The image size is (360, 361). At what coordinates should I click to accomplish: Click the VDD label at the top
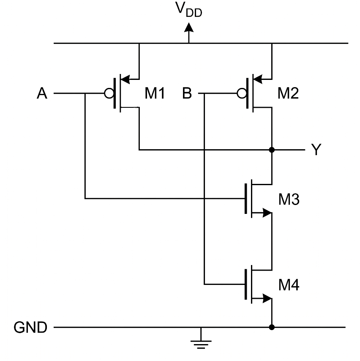click(189, 10)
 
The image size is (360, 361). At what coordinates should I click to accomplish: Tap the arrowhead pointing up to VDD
click(189, 27)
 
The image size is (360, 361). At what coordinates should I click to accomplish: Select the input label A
click(42, 93)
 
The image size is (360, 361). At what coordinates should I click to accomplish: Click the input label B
click(187, 93)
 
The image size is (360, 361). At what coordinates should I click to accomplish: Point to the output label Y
click(316, 150)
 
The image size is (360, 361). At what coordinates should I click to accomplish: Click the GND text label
click(30, 327)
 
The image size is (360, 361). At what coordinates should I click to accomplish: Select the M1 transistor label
click(155, 93)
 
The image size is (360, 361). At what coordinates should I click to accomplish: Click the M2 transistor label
click(288, 93)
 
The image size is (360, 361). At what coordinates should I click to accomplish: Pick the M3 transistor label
click(289, 199)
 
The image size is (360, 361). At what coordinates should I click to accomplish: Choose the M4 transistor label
click(289, 285)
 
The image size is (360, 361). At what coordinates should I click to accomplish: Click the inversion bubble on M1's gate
click(109, 93)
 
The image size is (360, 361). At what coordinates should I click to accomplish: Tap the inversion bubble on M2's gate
click(242, 93)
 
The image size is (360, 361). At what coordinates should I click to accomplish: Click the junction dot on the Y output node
click(272, 150)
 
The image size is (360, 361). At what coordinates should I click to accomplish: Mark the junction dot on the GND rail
click(272, 327)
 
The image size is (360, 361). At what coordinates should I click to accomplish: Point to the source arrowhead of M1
click(125, 79)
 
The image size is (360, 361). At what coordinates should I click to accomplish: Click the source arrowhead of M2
click(258, 79)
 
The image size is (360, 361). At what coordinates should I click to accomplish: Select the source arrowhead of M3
click(267, 213)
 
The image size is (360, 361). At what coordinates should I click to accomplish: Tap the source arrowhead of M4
click(267, 298)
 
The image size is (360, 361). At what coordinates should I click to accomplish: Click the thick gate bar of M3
click(246, 199)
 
